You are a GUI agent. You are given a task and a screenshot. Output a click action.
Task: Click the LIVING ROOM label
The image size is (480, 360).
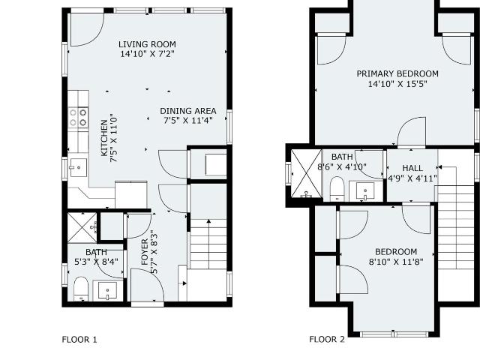click(x=147, y=44)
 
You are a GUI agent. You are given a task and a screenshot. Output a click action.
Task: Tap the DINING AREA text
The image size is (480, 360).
click(x=188, y=111)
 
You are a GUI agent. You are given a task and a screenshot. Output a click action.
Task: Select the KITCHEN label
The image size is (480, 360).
click(x=104, y=138)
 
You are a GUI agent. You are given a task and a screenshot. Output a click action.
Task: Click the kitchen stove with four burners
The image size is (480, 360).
click(x=78, y=118)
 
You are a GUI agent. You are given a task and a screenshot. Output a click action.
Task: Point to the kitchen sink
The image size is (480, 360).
click(x=78, y=167)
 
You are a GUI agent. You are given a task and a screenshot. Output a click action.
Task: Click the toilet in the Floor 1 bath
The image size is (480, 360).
click(x=81, y=289)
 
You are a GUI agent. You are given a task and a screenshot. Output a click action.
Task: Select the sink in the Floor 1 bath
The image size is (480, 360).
click(x=107, y=290)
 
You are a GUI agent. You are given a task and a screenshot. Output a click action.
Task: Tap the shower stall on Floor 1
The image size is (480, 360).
click(x=82, y=227)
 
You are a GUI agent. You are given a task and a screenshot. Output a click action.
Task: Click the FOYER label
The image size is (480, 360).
click(x=145, y=252)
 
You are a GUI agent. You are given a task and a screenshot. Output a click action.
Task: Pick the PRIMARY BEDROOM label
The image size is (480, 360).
click(x=397, y=73)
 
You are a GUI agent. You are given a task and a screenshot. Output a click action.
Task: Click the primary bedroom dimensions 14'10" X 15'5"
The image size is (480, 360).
click(x=397, y=84)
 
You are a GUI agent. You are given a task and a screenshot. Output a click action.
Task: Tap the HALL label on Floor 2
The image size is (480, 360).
click(x=412, y=168)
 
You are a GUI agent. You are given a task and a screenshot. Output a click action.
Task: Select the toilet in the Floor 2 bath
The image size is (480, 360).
click(x=337, y=188)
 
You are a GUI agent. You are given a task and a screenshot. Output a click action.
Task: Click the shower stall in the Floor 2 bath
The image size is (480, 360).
click(x=306, y=174)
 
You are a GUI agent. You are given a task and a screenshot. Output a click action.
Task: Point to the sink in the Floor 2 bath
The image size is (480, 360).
click(x=365, y=190)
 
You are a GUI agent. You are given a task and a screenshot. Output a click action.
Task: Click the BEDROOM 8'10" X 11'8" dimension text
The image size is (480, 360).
click(x=396, y=262)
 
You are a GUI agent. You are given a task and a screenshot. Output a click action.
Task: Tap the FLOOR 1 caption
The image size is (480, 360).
click(x=79, y=340)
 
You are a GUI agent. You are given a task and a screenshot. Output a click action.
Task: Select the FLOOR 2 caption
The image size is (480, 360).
click(x=327, y=340)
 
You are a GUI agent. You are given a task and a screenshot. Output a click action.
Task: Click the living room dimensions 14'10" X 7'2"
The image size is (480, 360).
click(x=147, y=54)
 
